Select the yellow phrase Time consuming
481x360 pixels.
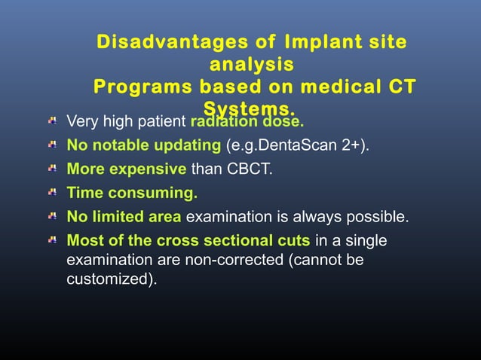[x=132, y=194]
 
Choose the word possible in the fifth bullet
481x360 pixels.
[x=380, y=218]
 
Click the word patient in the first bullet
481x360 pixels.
[x=160, y=121]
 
